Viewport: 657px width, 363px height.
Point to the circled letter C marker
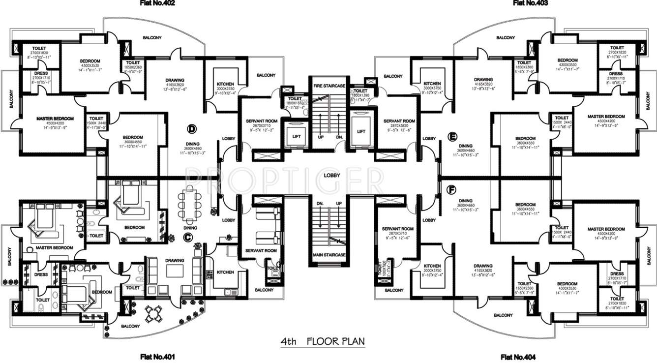[x=187, y=237]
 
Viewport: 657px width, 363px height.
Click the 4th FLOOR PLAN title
[x=323, y=340]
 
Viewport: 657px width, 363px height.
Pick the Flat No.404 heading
[x=518, y=357]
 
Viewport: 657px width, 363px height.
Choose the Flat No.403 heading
[x=531, y=3]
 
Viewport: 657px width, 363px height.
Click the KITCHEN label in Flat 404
[x=432, y=266]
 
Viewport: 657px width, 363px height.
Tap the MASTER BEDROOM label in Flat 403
[x=606, y=117]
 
